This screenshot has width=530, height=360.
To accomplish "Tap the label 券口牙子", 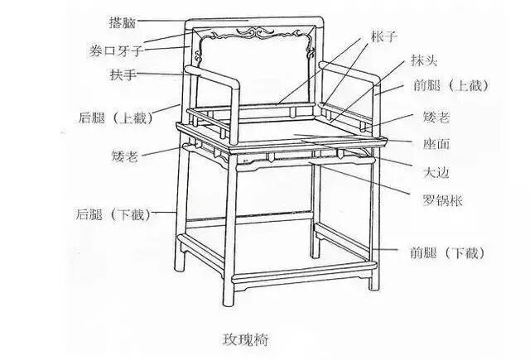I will point(117,51).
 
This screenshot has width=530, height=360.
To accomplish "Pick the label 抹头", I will point(422,62).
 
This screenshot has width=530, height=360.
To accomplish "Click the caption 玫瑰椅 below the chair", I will point(245,339).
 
